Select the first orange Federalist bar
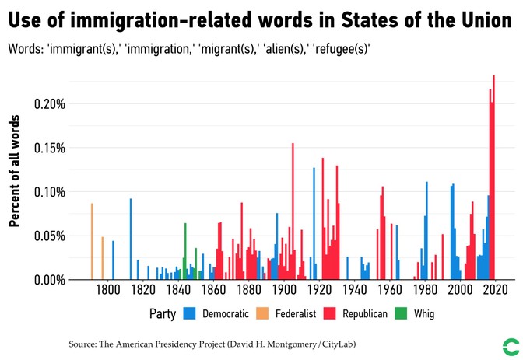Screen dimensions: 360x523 pyautogui.click(x=92, y=241)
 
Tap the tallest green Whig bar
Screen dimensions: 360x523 pyautogui.click(x=185, y=251)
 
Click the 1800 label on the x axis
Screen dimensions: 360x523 pyautogui.click(x=107, y=290)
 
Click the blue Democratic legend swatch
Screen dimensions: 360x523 pyautogui.click(x=189, y=314)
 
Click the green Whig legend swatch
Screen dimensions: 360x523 pyautogui.click(x=401, y=314)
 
